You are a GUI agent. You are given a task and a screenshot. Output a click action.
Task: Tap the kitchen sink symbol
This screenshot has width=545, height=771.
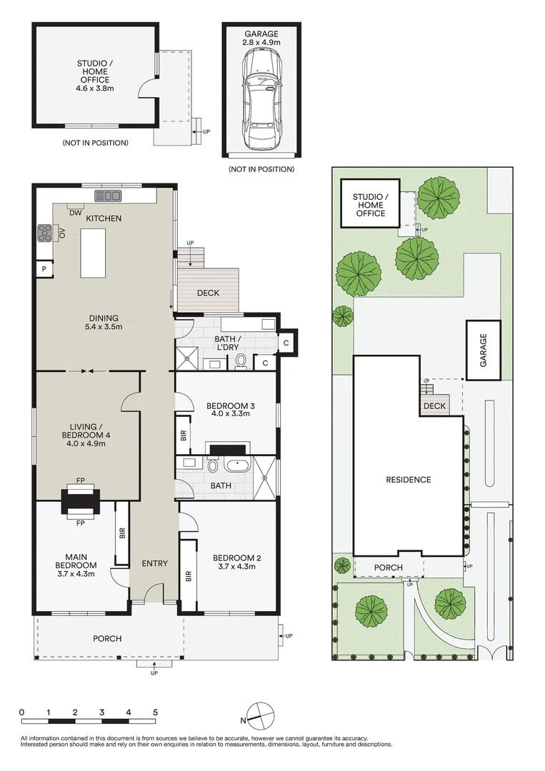click(108, 196)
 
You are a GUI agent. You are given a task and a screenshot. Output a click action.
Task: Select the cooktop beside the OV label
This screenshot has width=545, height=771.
click(45, 233)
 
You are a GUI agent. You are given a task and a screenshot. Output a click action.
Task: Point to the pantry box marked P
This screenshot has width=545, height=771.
click(44, 269)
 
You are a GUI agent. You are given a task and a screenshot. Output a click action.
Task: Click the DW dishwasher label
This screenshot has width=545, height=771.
click(75, 213)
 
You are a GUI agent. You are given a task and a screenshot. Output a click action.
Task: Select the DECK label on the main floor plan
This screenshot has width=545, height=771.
click(208, 293)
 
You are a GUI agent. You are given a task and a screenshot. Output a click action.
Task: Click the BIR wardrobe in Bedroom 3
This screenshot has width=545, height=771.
click(184, 435)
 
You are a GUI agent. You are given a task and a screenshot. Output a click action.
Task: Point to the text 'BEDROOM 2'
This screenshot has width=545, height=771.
click(236, 558)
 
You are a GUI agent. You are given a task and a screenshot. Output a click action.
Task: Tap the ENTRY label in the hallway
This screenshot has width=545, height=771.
click(155, 563)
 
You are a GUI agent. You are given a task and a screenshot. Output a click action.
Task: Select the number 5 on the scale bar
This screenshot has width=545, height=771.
click(155, 712)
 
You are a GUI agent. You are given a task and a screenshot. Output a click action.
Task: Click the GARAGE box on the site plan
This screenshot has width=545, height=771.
click(484, 350)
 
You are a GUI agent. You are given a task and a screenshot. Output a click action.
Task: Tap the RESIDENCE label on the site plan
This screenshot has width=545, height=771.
click(409, 480)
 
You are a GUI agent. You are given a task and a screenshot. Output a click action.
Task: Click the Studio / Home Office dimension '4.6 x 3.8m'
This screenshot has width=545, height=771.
click(96, 89)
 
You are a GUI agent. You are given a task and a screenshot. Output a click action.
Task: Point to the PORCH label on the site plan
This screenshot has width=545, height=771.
click(388, 568)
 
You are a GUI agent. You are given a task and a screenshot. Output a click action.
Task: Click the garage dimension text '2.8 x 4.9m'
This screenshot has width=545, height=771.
click(261, 42)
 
